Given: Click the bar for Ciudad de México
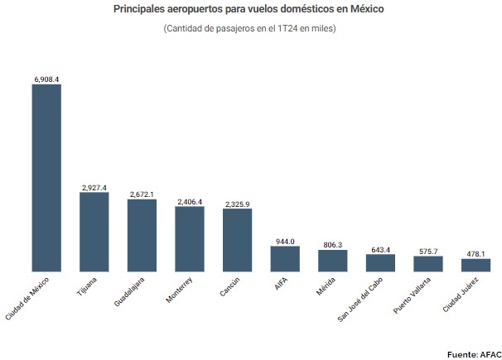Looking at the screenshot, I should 46,177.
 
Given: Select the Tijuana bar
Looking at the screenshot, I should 94,232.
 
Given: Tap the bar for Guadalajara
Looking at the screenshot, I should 142,235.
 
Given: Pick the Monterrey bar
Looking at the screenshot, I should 190,238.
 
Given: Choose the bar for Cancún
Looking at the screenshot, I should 237,240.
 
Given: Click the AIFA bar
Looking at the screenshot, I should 285,258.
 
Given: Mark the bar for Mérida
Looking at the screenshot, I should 333,261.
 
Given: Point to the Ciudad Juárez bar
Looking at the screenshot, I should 476,265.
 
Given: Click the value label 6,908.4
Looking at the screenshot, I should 46,79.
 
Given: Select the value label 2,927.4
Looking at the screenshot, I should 94,187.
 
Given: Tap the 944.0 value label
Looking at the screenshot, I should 285,241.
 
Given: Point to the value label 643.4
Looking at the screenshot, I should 381,249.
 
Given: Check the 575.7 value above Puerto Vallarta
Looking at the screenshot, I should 428,251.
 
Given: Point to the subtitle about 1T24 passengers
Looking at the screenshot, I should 249,29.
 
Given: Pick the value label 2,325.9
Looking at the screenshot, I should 237,204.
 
